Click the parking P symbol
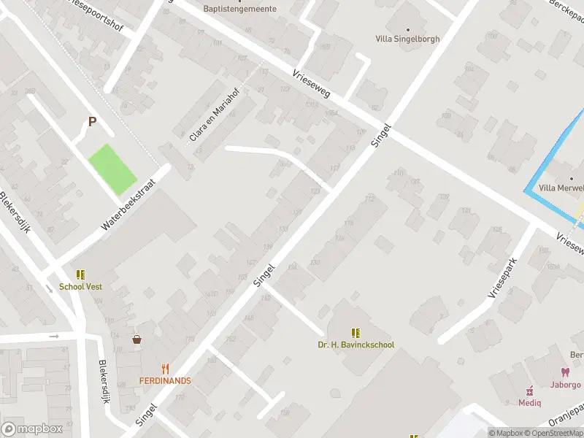pyautogui.click(x=92, y=122)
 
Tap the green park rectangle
pyautogui.click(x=112, y=169)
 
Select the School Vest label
pyautogui.click(x=80, y=287)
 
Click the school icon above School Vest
pyautogui.click(x=80, y=274)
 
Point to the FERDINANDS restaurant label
pyautogui.click(x=166, y=381)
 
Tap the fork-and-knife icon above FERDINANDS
pyautogui.click(x=166, y=369)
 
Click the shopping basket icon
pyautogui.click(x=137, y=339)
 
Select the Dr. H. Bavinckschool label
pyautogui.click(x=356, y=345)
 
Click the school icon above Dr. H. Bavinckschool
pyautogui.click(x=356, y=332)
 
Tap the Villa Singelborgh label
pyautogui.click(x=407, y=39)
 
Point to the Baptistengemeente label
pyautogui.click(x=239, y=9)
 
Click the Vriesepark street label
pyautogui.click(x=502, y=277)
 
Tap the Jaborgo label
pyautogui.click(x=566, y=384)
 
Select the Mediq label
pyautogui.click(x=530, y=402)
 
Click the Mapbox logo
pyautogui.click(x=31, y=429)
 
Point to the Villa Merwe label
pyautogui.click(x=561, y=188)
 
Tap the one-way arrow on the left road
pyautogui.click(x=54, y=337)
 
